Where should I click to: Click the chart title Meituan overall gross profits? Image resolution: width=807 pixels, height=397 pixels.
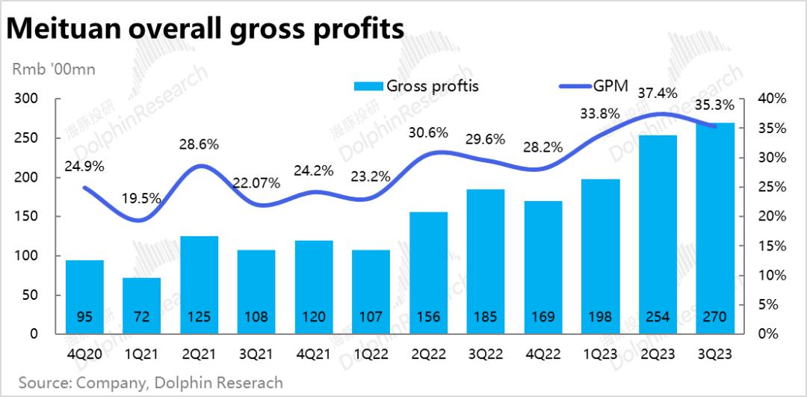[x=205, y=29]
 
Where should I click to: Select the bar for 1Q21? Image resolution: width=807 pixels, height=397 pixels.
[x=142, y=306]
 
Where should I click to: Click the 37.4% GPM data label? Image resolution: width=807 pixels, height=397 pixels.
[x=658, y=93]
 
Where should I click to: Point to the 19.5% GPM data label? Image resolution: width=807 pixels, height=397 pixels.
[x=140, y=199]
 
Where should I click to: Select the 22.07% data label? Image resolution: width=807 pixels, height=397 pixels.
[x=256, y=182]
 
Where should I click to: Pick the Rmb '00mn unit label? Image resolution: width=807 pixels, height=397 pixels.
[x=53, y=70]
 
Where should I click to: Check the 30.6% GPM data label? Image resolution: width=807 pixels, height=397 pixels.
[x=428, y=133]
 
